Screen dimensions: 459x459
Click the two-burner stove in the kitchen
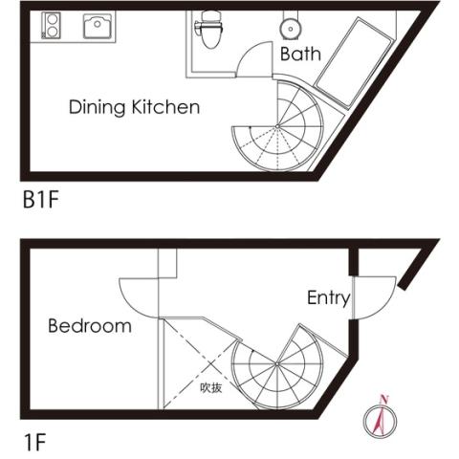[x=51, y=25]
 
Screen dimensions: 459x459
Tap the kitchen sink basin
[x=98, y=26]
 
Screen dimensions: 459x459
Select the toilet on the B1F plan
[x=209, y=29]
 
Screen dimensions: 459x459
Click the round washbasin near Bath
[x=290, y=29]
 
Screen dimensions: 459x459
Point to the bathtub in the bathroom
[x=354, y=62]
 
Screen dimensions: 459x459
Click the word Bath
[x=300, y=54]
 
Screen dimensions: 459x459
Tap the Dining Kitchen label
[x=134, y=107]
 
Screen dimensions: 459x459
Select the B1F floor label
[x=41, y=200]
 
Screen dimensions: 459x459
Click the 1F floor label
[x=35, y=443]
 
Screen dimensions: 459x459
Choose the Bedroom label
[x=90, y=326]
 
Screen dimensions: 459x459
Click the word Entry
[x=328, y=298]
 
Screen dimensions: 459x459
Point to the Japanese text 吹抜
[x=210, y=387]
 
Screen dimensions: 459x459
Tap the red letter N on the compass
[x=384, y=399]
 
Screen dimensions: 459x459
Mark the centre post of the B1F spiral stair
[x=277, y=126]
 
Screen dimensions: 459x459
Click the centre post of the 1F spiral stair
[x=277, y=363]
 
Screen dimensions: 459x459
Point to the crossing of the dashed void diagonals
[x=209, y=363]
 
